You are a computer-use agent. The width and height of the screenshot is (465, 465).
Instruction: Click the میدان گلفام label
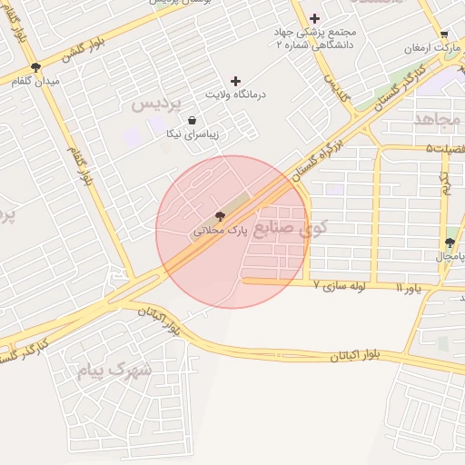point(35,82)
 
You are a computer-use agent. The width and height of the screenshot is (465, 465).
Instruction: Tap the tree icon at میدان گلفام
point(35,67)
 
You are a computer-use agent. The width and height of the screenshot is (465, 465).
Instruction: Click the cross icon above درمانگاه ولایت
point(236,81)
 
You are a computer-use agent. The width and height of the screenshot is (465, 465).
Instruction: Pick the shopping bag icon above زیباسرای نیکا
point(192,120)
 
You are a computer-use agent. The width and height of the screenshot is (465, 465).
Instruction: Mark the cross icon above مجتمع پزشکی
point(315,18)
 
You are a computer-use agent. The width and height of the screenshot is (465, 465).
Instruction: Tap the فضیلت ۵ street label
point(442,149)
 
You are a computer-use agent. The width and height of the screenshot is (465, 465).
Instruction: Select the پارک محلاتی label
point(220,232)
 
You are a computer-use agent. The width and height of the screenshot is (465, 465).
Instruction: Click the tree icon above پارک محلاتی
point(220,216)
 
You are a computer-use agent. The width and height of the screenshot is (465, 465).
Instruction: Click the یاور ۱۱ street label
point(410,287)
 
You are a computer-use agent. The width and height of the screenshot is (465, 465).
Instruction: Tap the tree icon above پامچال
point(450,242)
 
